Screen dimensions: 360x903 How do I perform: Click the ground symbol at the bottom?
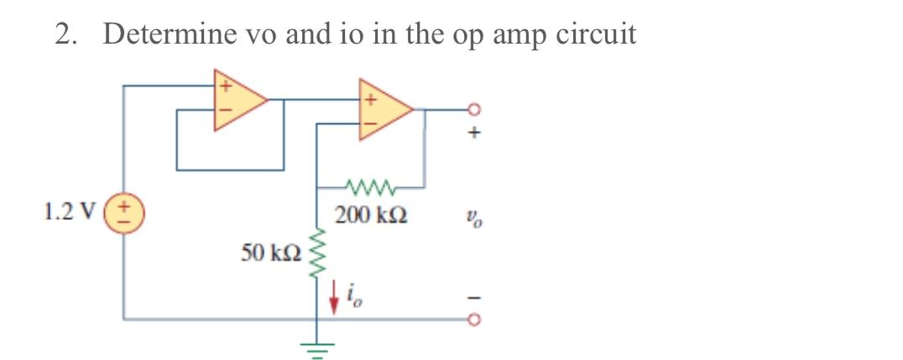(316, 344)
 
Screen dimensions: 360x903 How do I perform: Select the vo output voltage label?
(476, 222)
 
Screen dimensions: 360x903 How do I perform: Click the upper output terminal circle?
(475, 109)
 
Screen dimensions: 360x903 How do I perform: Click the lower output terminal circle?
(475, 320)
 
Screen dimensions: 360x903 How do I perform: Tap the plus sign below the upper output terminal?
(476, 133)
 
